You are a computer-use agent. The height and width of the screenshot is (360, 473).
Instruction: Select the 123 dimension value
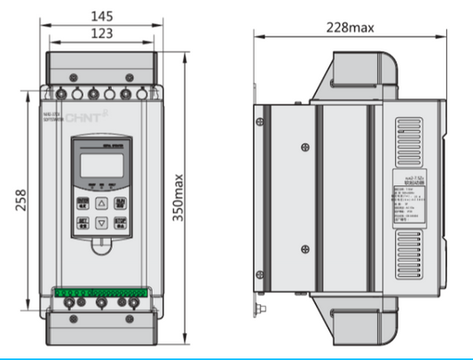click(101, 34)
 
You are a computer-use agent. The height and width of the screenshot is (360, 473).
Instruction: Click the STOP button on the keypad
click(121, 223)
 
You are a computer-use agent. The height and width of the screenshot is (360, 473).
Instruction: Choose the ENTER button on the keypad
click(121, 201)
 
